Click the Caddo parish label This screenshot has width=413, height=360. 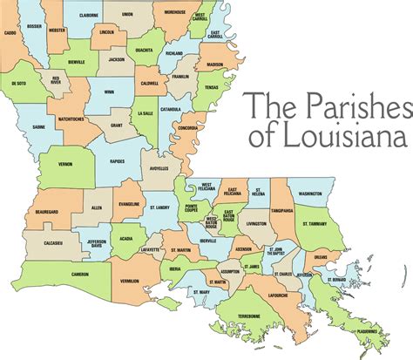coord(10,33)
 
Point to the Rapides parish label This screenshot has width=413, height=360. coord(118,160)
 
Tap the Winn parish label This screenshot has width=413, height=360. coord(108,91)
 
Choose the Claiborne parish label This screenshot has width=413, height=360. coord(88,15)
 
